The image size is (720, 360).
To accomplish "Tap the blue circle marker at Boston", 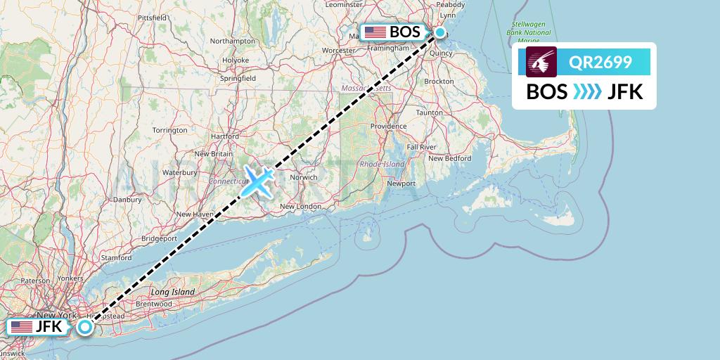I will coord(440,32).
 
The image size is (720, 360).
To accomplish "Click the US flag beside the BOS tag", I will coord(375,32).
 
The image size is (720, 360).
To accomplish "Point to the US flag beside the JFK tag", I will coord(22,327).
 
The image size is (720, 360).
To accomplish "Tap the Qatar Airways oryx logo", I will coord(541,62).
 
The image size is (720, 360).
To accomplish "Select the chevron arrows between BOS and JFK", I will coord(587,92).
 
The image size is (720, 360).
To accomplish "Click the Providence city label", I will coord(389,127).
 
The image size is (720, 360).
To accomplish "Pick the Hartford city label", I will coord(224,136).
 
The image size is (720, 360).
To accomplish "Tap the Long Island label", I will coord(172,292).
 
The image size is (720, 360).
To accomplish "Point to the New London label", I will coord(300,207).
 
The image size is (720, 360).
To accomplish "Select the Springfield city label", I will coord(237,79).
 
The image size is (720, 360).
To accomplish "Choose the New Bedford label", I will coord(449,158).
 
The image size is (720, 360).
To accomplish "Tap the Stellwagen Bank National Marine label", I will coord(529,32).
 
